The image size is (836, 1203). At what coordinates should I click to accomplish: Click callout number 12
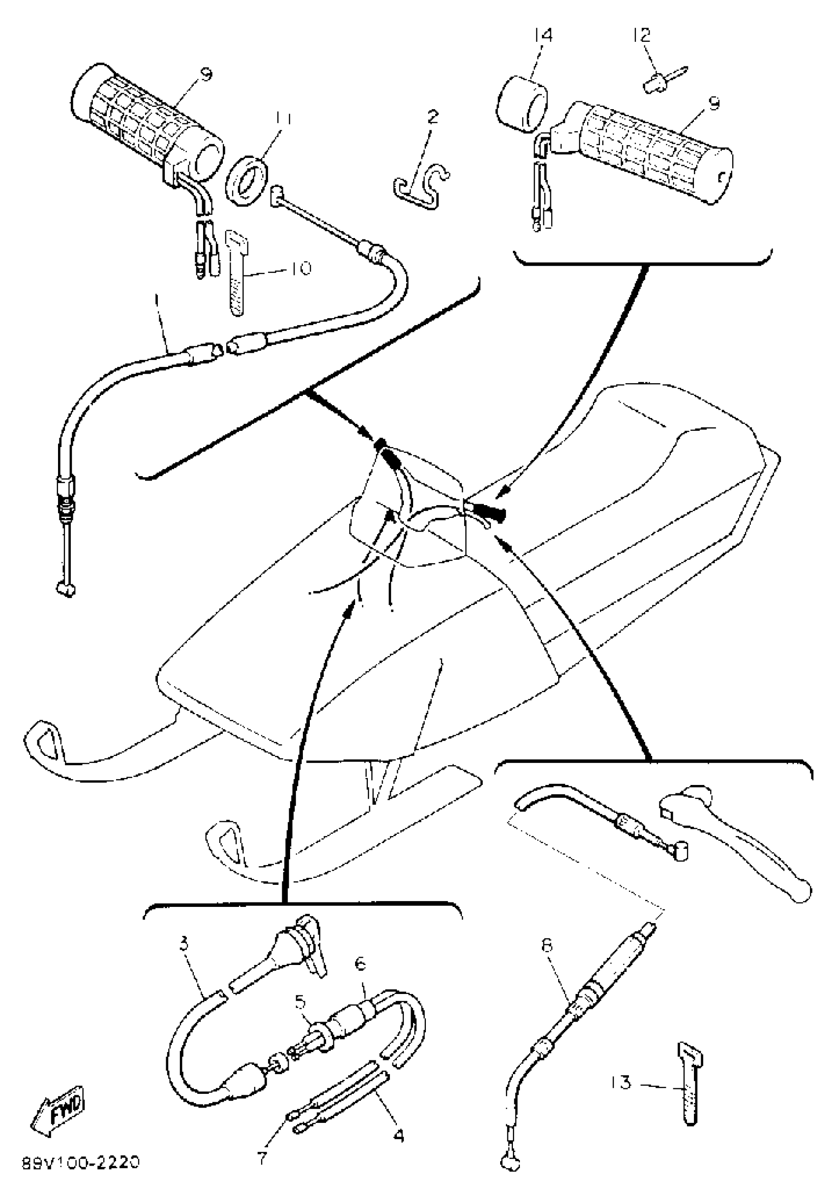[x=642, y=35]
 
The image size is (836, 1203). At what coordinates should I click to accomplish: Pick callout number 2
[x=433, y=116]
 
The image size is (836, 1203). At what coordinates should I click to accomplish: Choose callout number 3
[x=183, y=943]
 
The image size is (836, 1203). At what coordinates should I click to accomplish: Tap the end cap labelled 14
[x=521, y=103]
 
